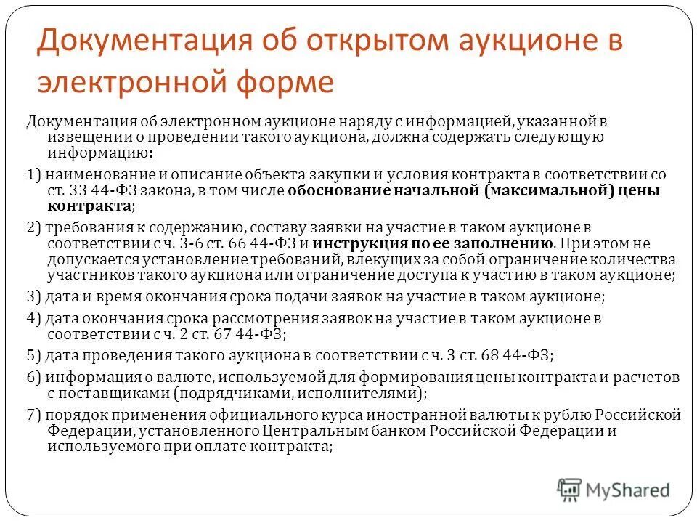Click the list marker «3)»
point(33,297)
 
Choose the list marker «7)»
point(33,415)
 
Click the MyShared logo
point(614,489)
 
